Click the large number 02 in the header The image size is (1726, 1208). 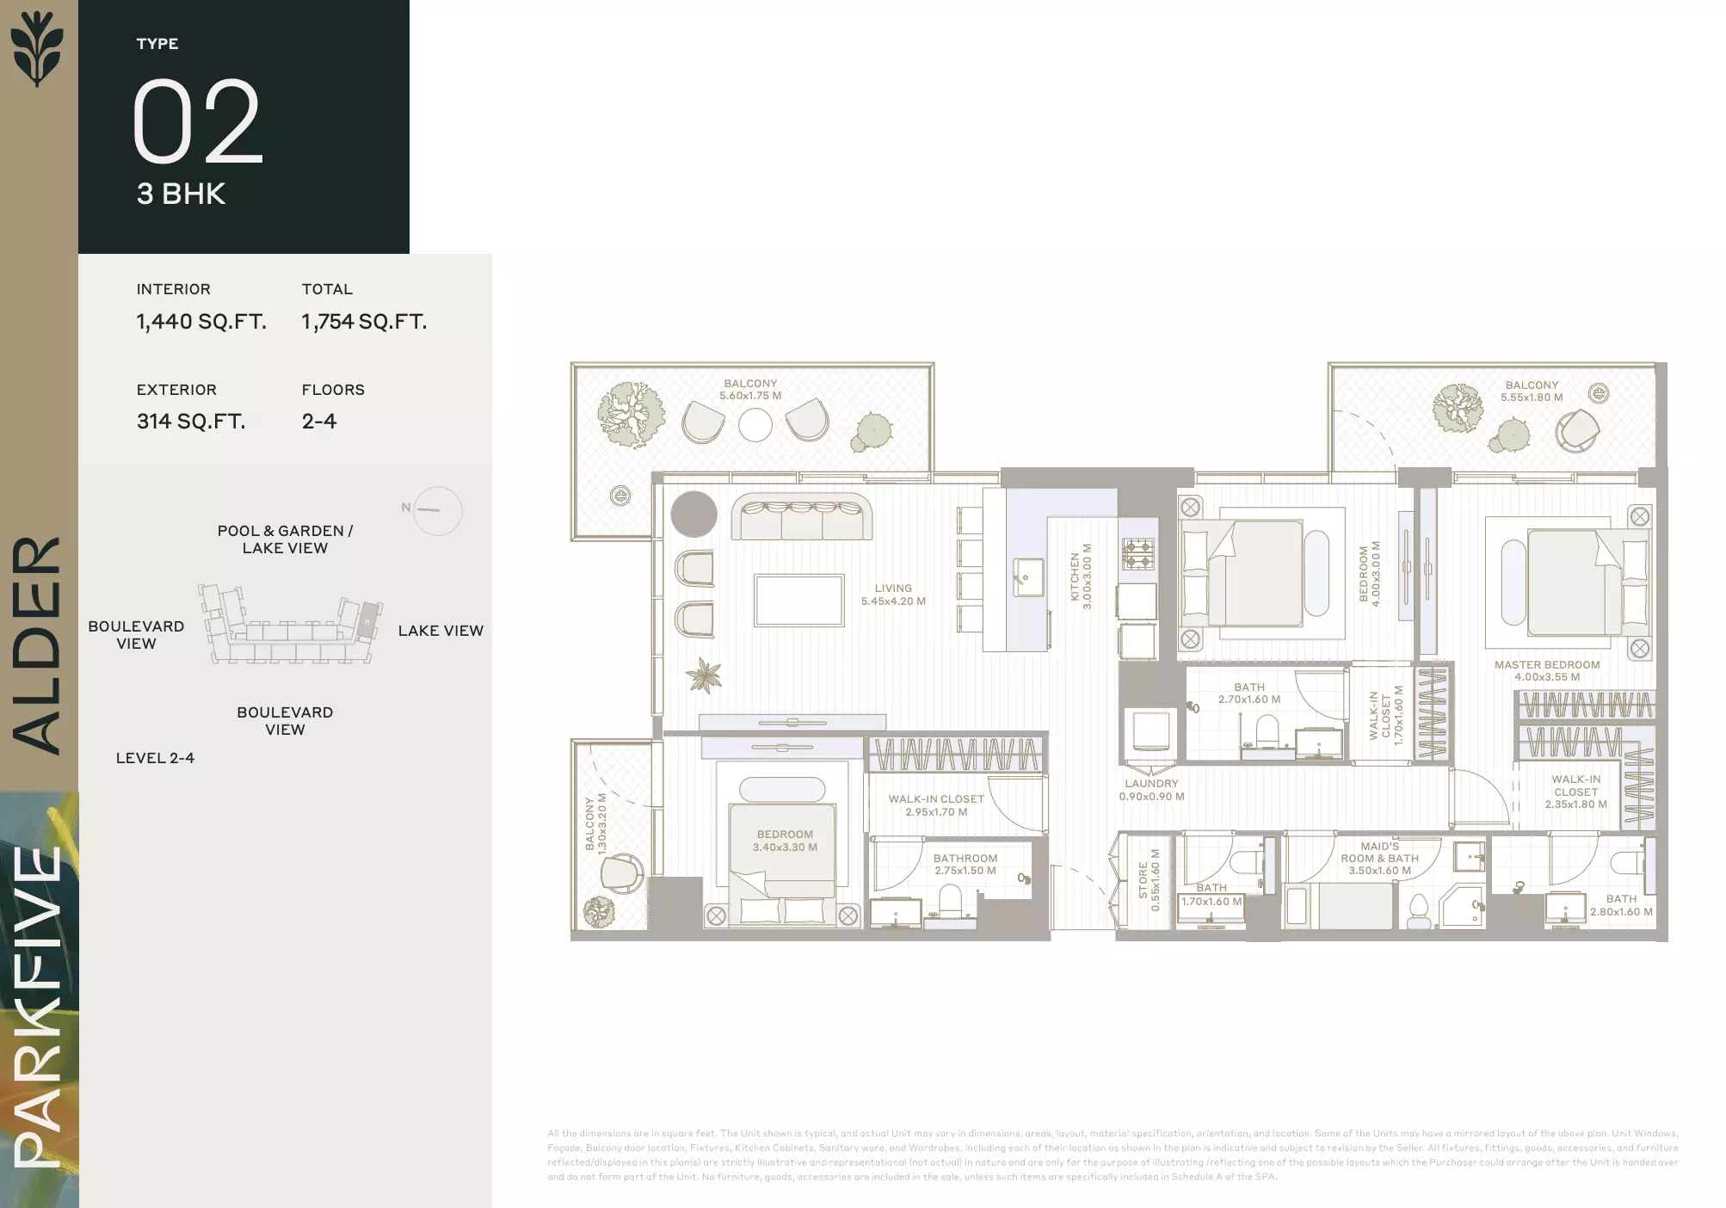pos(196,122)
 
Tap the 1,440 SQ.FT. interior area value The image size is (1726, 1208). pos(201,322)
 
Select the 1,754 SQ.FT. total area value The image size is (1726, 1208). pos(364,322)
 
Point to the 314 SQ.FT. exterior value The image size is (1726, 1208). pos(191,422)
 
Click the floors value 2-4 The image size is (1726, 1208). pos(319,422)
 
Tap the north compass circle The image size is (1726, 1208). pos(438,511)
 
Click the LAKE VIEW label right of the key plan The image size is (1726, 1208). pos(441,631)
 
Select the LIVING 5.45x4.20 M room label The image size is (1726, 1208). pos(893,595)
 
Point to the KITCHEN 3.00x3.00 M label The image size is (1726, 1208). pos(1080,576)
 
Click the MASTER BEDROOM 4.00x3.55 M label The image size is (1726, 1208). pos(1547,670)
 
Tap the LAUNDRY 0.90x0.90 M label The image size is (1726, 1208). pos(1151,790)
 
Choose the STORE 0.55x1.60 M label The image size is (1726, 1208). pos(1149,879)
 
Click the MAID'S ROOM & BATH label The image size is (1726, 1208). pos(1379,858)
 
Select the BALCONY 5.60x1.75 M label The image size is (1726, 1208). pos(750,390)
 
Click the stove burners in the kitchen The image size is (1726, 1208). pos(1138,554)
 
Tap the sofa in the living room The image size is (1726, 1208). pos(801,517)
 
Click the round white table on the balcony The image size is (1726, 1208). pos(755,424)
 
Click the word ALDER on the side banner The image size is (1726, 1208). pos(37,645)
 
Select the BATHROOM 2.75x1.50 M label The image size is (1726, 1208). pos(965,864)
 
